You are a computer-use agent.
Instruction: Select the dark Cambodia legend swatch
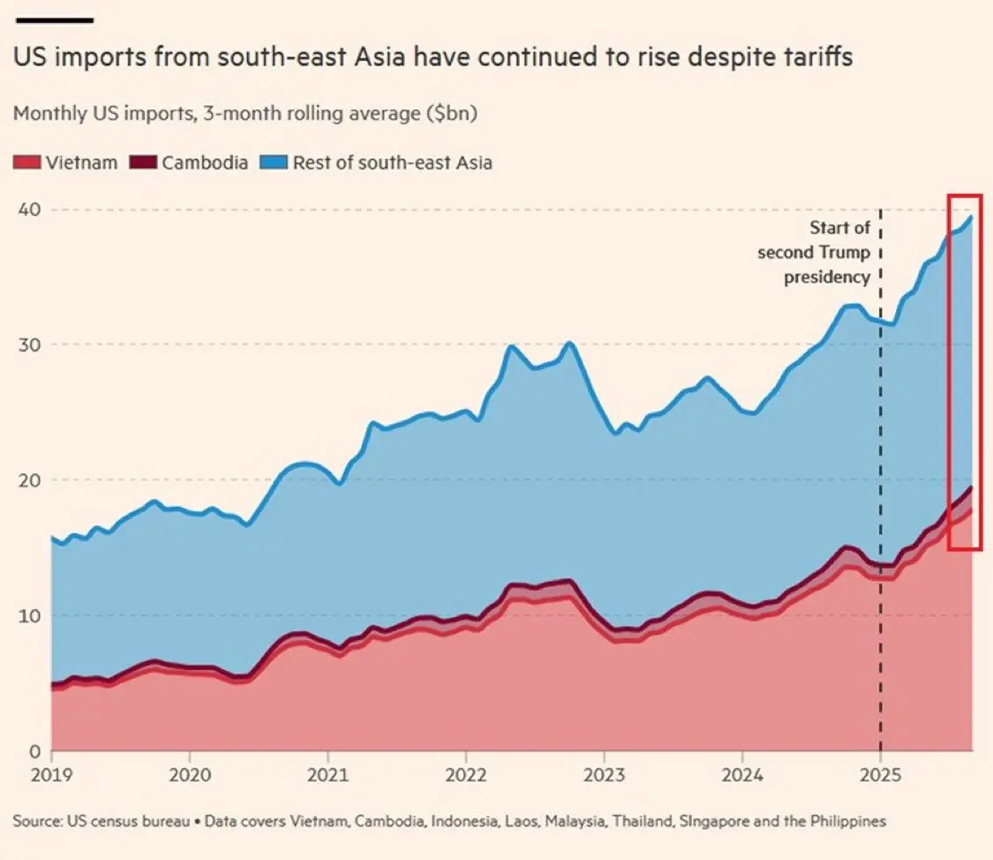point(142,162)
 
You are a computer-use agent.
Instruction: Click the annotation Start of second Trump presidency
point(814,252)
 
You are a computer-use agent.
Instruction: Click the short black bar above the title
point(53,19)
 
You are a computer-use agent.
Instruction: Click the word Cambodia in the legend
point(205,162)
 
